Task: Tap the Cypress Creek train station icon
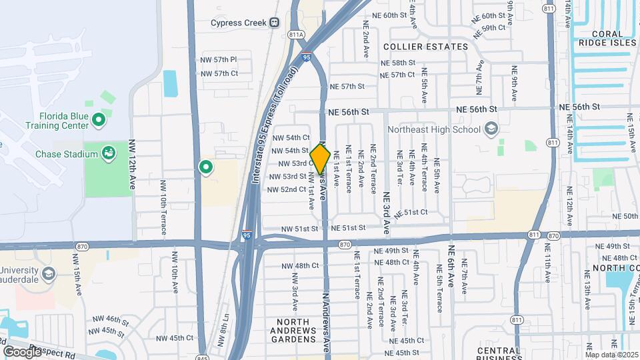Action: click(275, 22)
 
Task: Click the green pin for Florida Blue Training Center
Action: click(99, 120)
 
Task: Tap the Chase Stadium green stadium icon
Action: click(107, 155)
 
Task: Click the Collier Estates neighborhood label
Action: click(426, 47)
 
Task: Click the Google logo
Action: click(22, 351)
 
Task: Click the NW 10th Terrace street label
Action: click(163, 207)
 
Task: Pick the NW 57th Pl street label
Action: click(219, 60)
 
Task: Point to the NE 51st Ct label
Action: click(411, 213)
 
